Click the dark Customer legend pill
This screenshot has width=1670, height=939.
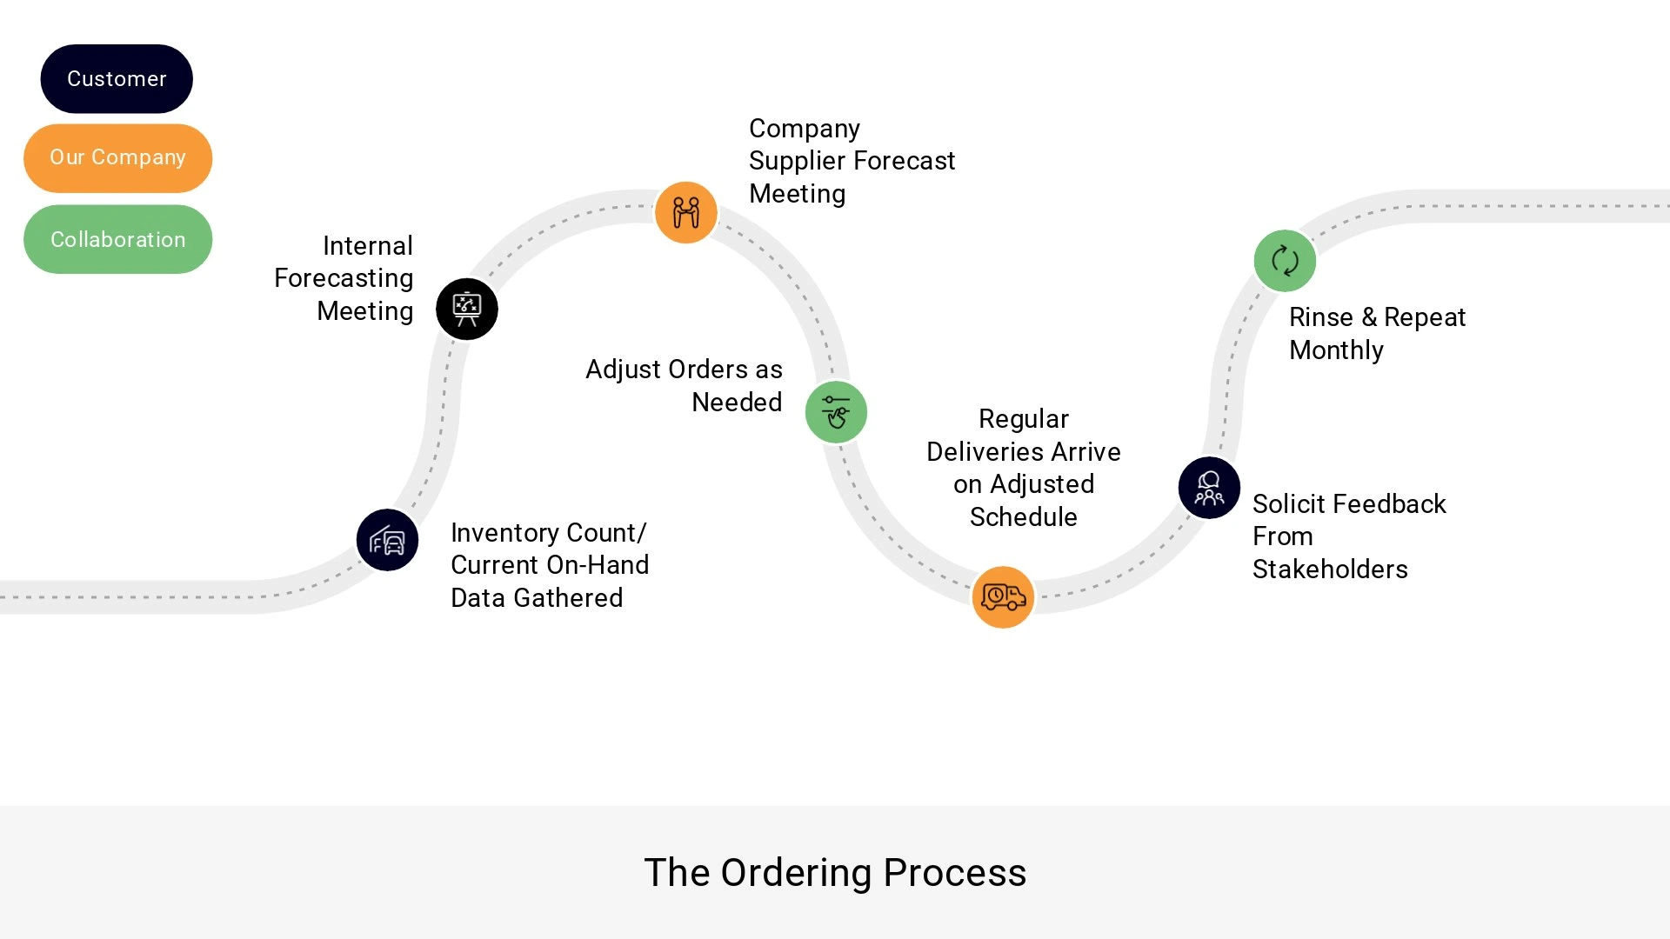(117, 79)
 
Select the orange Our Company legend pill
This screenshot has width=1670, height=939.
(117, 158)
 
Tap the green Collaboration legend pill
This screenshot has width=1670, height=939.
(117, 239)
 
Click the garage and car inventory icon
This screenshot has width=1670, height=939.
(387, 540)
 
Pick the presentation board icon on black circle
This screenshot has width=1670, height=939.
(467, 309)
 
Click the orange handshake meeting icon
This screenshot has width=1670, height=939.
(686, 212)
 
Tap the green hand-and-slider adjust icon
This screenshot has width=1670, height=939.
(836, 412)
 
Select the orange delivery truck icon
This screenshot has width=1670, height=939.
(1003, 597)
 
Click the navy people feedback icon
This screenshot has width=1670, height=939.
(1209, 488)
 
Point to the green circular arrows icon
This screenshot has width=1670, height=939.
(1285, 261)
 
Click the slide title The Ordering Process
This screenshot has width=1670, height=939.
(835, 872)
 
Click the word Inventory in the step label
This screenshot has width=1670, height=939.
(504, 533)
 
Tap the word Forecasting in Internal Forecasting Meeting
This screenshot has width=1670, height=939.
(344, 278)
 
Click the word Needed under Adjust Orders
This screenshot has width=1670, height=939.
(737, 403)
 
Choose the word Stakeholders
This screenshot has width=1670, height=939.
(1330, 569)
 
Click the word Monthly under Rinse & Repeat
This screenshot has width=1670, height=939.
(1336, 350)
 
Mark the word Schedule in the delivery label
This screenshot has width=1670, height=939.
(1024, 517)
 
